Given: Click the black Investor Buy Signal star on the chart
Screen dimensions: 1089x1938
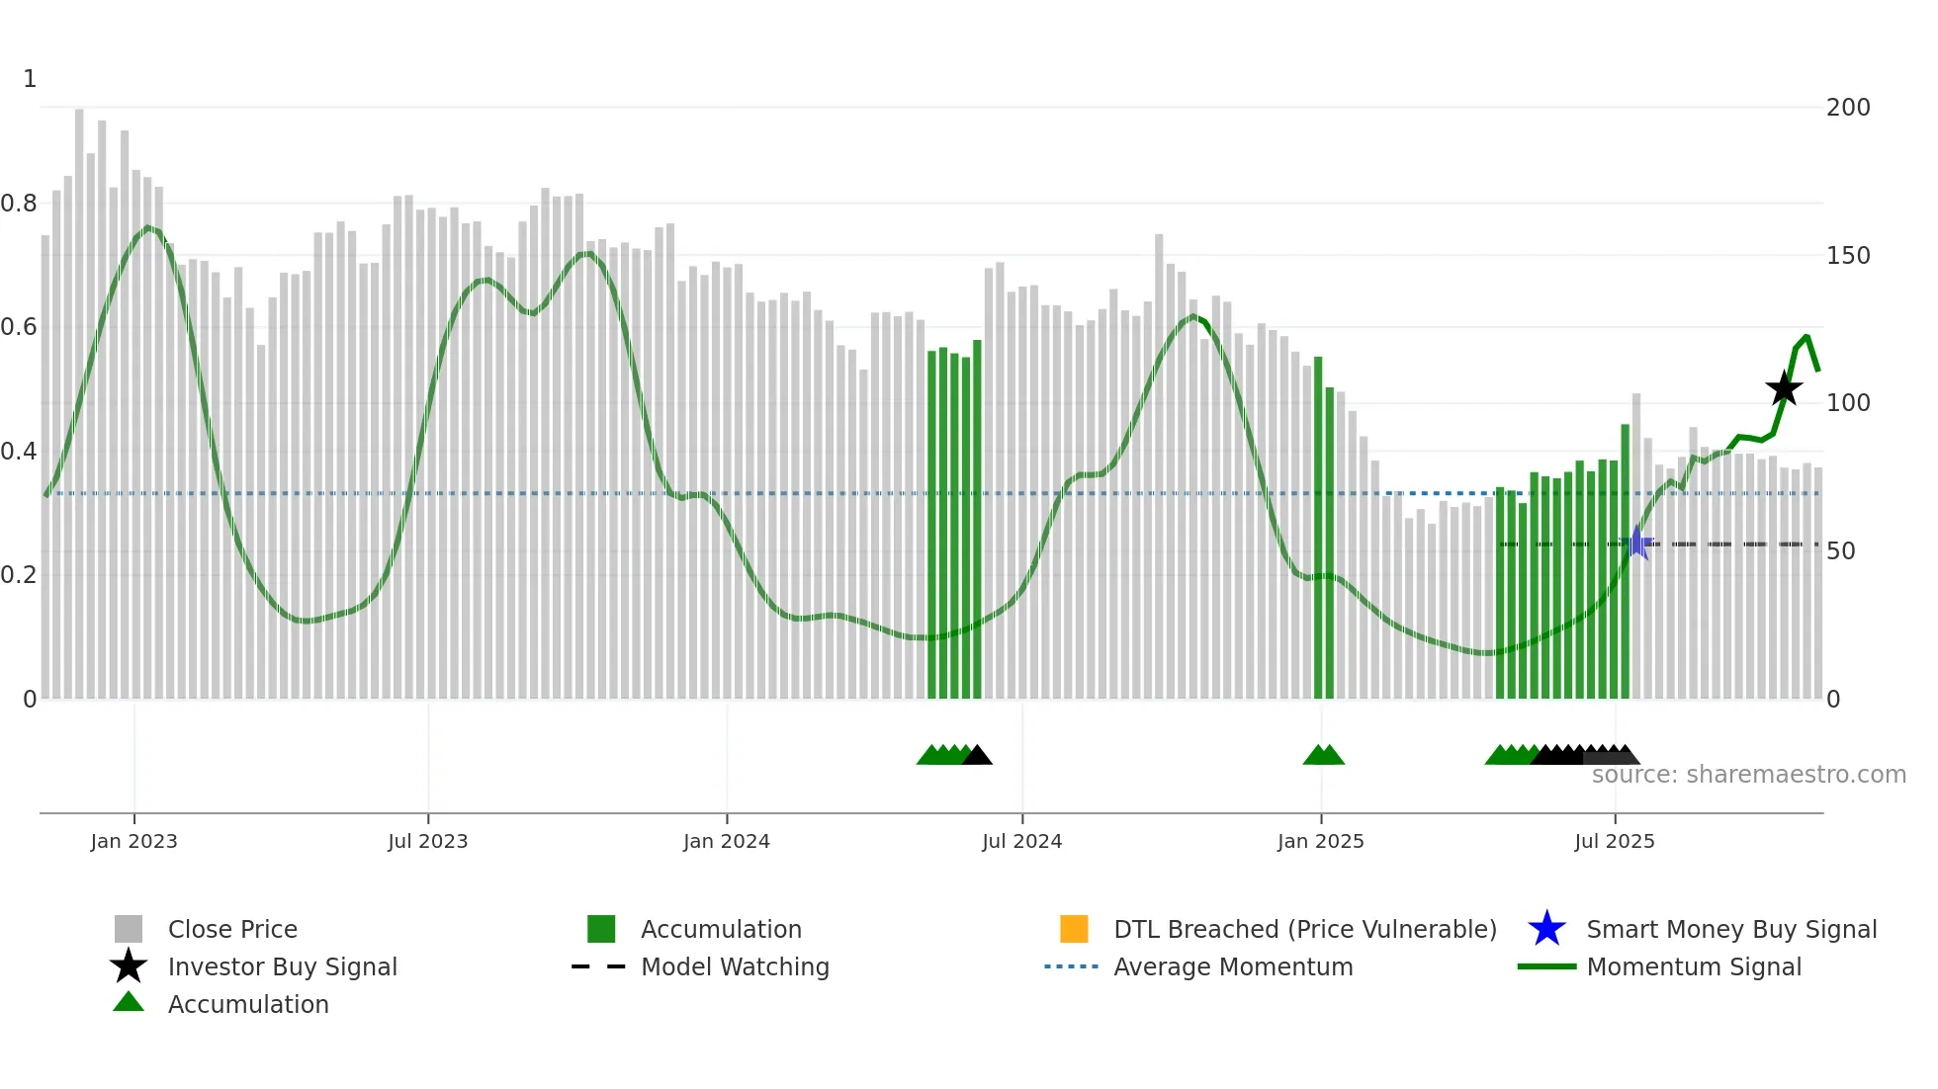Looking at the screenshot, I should coord(1784,388).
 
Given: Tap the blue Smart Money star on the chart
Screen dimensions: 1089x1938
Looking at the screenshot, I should coord(1638,543).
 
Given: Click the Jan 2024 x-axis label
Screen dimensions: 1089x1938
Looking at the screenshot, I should coord(726,841).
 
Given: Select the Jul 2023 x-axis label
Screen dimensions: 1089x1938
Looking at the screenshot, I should coord(427,841).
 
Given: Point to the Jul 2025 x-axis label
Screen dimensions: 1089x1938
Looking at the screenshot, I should coord(1614,841).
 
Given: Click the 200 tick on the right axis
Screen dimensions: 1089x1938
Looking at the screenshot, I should coord(1847,107).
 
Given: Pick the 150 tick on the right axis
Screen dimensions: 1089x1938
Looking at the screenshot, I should coord(1847,255).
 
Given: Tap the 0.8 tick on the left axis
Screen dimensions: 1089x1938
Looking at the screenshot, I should coord(20,204).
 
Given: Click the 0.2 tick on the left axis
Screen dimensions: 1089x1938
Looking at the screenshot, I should coord(20,575).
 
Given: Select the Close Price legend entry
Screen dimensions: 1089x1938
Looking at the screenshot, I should coord(232,929).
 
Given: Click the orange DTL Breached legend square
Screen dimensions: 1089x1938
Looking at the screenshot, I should coord(1074,929).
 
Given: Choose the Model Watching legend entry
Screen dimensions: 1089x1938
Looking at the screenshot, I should coord(734,966).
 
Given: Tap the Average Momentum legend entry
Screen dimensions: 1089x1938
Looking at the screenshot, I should coord(1232,966).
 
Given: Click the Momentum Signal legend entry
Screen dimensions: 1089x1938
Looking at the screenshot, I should coord(1693,966).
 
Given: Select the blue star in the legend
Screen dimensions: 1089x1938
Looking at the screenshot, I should coord(1546,929).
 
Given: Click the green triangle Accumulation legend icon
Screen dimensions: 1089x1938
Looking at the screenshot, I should coord(129,1002).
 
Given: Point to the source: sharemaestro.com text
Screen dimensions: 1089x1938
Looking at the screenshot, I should coord(1748,775).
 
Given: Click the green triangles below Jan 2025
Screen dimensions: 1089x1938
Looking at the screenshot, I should coord(1323,756).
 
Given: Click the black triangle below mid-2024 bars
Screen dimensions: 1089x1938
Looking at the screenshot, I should coord(977,756).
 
